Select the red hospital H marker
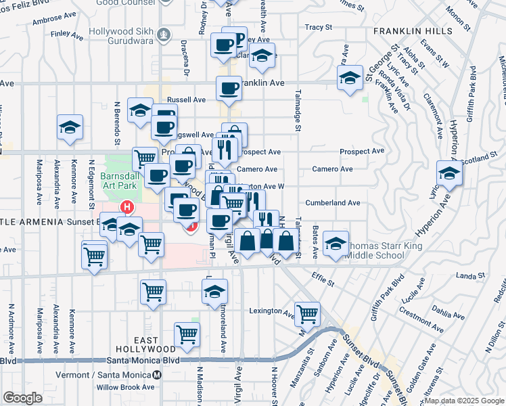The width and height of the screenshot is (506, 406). tap(125, 206)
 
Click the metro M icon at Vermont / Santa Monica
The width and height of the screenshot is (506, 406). tap(157, 374)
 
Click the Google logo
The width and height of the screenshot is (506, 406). tap(22, 398)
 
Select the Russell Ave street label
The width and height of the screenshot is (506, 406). tap(186, 99)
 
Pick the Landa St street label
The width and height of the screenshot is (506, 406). tap(467, 275)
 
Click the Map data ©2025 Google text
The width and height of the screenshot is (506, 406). tap(464, 401)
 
